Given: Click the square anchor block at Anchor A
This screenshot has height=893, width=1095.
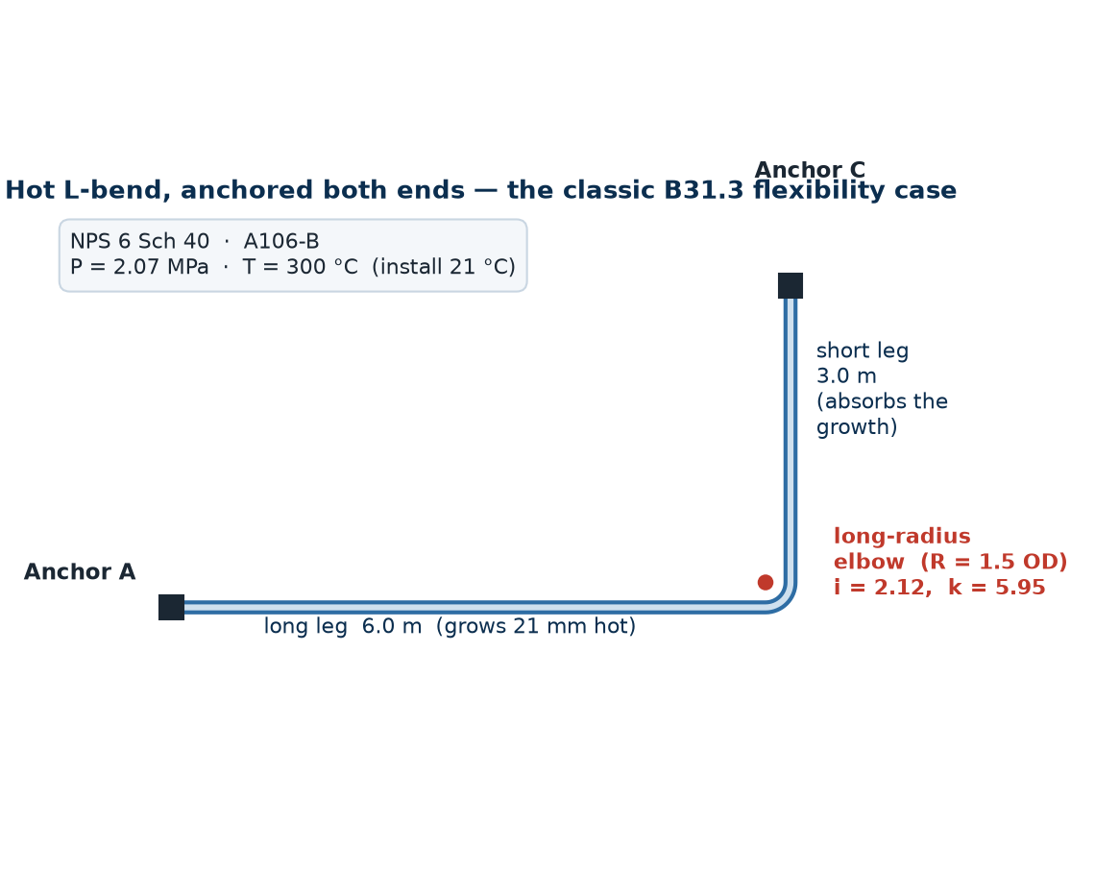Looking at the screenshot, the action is pyautogui.click(x=171, y=608).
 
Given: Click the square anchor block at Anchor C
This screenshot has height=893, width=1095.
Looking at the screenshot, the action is pyautogui.click(x=791, y=285).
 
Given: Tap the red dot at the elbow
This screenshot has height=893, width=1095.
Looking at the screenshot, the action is pyautogui.click(x=766, y=582).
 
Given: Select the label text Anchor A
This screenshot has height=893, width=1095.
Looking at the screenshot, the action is pyautogui.click(x=80, y=572).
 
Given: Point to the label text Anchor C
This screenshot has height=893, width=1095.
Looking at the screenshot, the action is pyautogui.click(x=810, y=170).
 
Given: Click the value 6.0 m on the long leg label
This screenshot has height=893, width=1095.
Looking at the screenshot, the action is pyautogui.click(x=392, y=626).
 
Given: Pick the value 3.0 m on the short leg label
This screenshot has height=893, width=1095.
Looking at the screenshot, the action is pyautogui.click(x=846, y=376).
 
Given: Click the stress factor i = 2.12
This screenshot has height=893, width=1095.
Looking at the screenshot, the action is pyautogui.click(x=883, y=588).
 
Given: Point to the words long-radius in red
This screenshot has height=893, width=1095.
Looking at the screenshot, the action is pyautogui.click(x=902, y=536).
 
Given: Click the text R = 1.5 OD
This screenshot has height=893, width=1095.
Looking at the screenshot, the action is pyautogui.click(x=994, y=562).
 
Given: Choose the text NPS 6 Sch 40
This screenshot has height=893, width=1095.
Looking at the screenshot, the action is pyautogui.click(x=139, y=242).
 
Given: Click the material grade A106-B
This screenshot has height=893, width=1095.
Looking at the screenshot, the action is pyautogui.click(x=281, y=242).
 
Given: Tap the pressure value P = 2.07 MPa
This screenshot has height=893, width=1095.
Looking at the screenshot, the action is pyautogui.click(x=139, y=267).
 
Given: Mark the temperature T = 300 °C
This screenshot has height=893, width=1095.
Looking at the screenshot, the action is pyautogui.click(x=301, y=267).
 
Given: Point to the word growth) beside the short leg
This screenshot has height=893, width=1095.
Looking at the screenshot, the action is pyautogui.click(x=857, y=427).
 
